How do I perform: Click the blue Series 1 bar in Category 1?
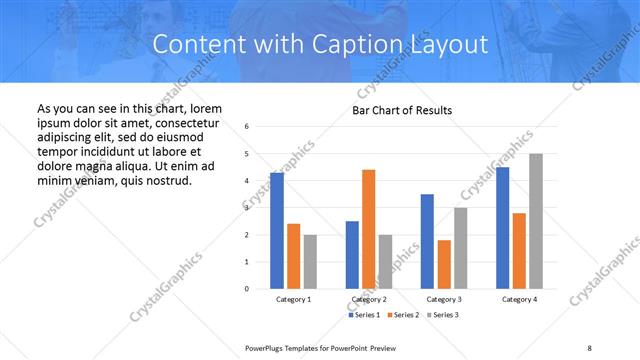point(277,231)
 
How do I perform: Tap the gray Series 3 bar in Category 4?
point(536,221)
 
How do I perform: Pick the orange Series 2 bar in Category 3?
point(444,264)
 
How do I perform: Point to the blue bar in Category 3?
point(427,241)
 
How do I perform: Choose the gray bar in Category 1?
point(310,262)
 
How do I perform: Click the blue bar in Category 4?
point(502,228)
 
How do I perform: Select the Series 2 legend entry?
point(401,315)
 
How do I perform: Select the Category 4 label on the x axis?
point(519,299)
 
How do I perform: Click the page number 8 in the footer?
point(589,346)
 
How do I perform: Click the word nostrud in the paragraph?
point(165,180)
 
